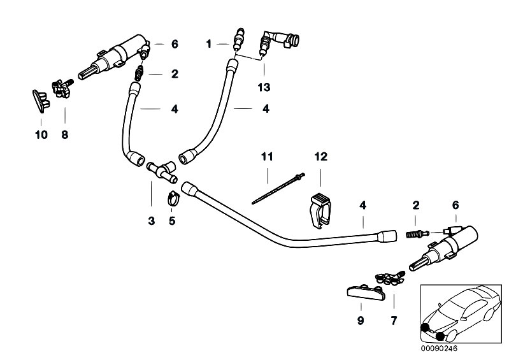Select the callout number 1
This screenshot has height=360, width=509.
click(x=208, y=44)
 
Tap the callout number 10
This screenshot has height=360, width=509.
click(x=41, y=135)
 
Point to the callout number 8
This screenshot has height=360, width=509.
click(x=64, y=135)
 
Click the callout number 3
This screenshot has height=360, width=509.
click(x=151, y=220)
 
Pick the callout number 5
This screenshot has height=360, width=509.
click(x=171, y=220)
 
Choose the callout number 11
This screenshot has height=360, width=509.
click(x=266, y=156)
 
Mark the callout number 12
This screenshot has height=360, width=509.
click(x=319, y=156)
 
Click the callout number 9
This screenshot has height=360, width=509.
click(x=361, y=321)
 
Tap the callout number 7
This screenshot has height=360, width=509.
click(x=393, y=321)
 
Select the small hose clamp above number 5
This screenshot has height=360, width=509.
click(x=171, y=199)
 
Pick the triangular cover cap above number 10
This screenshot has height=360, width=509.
click(x=39, y=98)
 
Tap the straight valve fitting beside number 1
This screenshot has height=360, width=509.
click(x=240, y=40)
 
